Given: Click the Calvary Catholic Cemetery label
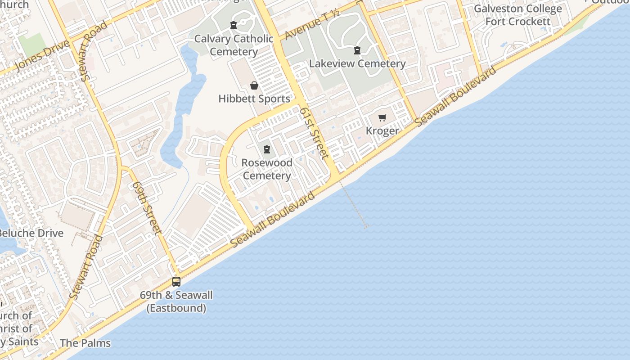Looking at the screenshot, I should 234,45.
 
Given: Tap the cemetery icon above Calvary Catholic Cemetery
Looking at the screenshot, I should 234,25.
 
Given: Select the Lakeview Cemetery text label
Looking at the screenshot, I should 357,63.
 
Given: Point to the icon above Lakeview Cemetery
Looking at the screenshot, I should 357,50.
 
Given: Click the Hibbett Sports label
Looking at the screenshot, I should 254,99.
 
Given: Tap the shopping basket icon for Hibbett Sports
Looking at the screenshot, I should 254,85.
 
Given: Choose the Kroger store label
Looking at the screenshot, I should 382,130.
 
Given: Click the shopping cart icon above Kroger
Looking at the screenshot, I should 382,118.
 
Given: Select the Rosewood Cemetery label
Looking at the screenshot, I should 267,169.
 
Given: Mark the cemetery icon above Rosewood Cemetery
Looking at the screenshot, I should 267,149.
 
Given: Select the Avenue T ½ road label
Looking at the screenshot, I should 311,24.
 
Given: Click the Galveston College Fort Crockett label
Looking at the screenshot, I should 518,15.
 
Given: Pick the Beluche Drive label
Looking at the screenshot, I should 31,233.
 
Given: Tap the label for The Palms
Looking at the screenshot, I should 85,343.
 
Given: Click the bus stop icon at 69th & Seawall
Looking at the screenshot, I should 176,282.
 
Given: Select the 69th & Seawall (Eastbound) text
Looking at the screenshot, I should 176,301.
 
